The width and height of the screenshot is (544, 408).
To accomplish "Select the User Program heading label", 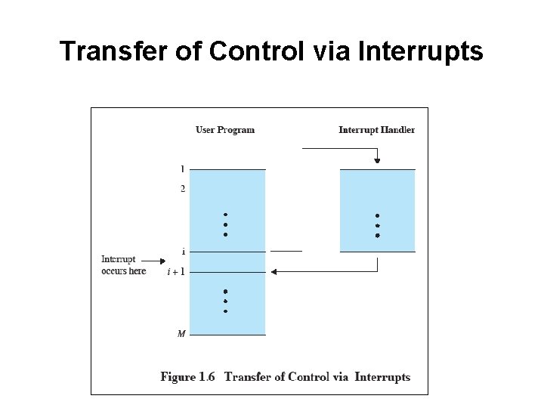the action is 225,130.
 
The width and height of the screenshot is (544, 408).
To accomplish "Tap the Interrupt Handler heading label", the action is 376,130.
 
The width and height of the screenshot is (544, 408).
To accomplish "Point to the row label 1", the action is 182,168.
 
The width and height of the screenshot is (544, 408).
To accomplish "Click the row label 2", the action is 182,188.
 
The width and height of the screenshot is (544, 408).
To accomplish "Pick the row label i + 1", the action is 176,272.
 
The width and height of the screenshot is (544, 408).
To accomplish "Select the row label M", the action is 181,333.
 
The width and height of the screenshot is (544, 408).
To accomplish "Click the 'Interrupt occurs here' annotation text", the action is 123,265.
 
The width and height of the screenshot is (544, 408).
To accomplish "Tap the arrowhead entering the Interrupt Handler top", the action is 377,159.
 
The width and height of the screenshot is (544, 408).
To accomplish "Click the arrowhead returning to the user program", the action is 274,271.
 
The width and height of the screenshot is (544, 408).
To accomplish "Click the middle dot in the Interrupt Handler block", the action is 377,225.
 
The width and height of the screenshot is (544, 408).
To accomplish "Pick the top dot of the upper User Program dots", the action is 225,214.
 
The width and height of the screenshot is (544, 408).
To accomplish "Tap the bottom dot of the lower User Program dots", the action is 225,311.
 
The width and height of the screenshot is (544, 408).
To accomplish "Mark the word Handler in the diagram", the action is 397,130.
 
